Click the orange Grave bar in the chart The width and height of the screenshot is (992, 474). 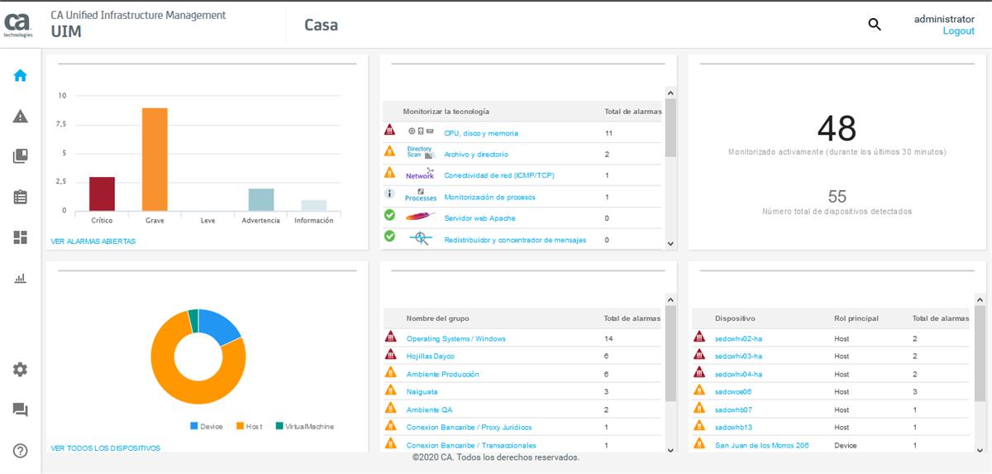tap(155, 159)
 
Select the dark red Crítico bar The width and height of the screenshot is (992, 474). tap(102, 194)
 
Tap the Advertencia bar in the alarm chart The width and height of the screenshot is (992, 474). tap(261, 199)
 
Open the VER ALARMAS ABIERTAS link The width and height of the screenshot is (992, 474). tap(93, 242)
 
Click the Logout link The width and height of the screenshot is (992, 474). tap(958, 31)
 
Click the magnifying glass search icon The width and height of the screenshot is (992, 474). tap(874, 25)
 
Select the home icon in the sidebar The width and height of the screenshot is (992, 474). tap(21, 75)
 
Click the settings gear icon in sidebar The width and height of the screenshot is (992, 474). tap(21, 370)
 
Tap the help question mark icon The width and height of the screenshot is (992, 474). tap(21, 451)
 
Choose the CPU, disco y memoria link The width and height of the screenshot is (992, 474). tap(480, 133)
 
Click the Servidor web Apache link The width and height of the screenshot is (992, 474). tap(479, 218)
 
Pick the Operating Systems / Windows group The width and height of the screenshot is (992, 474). tap(455, 338)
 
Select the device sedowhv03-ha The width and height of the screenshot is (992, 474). tap(738, 357)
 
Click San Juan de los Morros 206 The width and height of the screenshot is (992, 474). tap(761, 445)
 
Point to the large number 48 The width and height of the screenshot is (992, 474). tap(837, 128)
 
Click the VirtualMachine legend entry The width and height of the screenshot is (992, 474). tap(303, 427)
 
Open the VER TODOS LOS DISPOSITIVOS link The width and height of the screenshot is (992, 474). tap(105, 448)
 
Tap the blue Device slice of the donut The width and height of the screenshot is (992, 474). tap(218, 326)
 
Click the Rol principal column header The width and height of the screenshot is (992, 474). tap(856, 318)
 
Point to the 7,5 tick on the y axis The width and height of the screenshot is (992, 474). tap(60, 124)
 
